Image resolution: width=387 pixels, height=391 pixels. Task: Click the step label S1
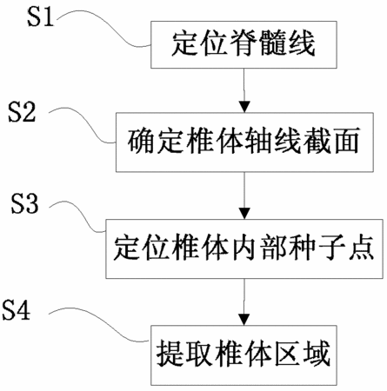[x=41, y=17]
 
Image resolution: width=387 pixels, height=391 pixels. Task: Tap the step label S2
[x=22, y=112]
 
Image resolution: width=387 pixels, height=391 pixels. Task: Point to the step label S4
[x=17, y=309]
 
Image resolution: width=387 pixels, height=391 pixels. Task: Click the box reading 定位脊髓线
[x=244, y=44]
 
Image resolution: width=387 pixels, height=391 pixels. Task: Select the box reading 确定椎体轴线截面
[x=244, y=142]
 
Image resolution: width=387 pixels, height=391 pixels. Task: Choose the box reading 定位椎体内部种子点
[x=244, y=249]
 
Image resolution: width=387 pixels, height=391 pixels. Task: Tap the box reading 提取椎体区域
[x=244, y=355]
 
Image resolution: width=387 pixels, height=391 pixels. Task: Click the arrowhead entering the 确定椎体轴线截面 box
[x=244, y=107]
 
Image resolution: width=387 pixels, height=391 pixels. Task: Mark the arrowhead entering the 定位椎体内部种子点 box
[x=244, y=214]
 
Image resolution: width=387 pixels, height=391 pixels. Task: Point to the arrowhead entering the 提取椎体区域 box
[x=244, y=320]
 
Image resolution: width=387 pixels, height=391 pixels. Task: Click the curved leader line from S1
[x=108, y=27]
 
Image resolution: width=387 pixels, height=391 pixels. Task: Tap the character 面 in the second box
[x=345, y=141]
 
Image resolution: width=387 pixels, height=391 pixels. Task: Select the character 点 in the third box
[x=361, y=248]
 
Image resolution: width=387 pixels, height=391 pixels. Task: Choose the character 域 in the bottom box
[x=317, y=354]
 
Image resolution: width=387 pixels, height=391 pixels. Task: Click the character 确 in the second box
[x=142, y=141]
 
